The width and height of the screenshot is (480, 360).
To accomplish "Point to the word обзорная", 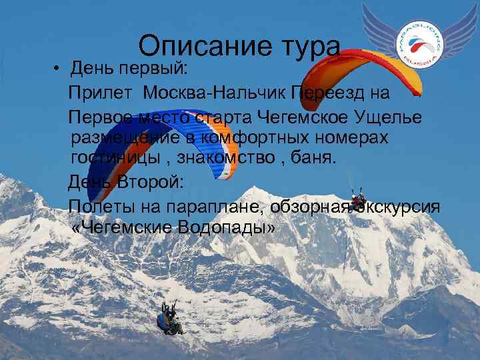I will (x=311, y=207).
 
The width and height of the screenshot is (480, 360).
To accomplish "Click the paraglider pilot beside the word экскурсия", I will (x=359, y=199).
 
